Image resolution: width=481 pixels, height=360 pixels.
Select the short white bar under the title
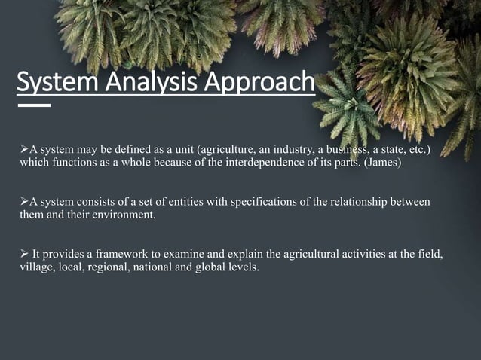click(34, 105)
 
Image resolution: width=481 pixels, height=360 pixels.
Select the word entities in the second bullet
click(170, 202)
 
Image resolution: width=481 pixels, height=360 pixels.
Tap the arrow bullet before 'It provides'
click(23, 254)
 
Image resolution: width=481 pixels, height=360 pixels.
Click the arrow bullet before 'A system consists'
click(23, 202)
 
